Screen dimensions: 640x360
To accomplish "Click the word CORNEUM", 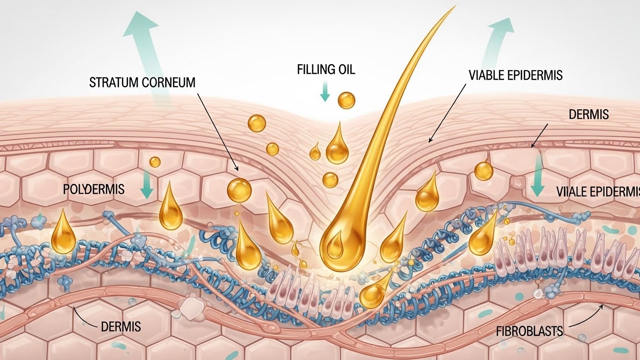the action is pos(171,83).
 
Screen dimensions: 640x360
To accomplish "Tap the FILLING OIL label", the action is pos(326,70).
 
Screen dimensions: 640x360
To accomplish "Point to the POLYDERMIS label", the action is pos(93,189).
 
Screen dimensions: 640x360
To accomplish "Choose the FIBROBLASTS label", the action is pos(529,331).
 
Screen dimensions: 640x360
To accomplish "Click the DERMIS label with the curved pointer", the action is pos(121,326).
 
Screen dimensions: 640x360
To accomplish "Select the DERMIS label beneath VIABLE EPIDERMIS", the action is pos(588,114).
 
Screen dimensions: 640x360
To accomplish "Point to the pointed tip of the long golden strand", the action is pos(454,7).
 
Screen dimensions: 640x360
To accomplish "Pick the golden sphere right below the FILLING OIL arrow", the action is pos(346,100).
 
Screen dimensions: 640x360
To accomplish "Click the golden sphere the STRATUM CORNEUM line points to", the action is pos(239,190).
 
